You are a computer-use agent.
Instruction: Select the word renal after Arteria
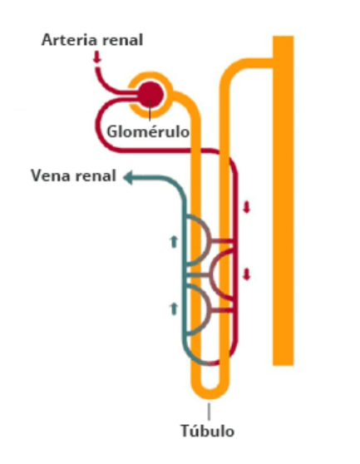(x=120, y=40)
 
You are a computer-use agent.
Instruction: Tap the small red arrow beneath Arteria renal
(x=96, y=57)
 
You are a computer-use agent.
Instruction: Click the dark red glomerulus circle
(x=150, y=95)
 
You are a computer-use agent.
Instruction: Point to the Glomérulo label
(x=148, y=131)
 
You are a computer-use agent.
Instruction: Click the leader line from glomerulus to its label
(x=150, y=111)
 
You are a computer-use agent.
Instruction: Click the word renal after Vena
(x=95, y=176)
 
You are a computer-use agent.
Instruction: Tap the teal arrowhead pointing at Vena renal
(x=128, y=178)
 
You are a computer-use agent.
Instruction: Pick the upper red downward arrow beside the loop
(x=247, y=207)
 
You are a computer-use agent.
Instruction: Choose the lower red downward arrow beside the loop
(x=247, y=274)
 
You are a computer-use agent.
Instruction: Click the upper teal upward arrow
(x=174, y=241)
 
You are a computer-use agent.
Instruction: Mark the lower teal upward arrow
(x=174, y=309)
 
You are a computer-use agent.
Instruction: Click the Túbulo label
(x=208, y=431)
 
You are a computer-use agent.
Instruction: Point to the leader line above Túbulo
(x=210, y=412)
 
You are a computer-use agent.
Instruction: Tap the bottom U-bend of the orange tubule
(x=210, y=394)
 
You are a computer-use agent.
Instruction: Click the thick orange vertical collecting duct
(x=283, y=200)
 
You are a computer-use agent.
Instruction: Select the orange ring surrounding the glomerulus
(x=150, y=75)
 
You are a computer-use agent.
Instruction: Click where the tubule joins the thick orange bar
(x=273, y=62)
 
